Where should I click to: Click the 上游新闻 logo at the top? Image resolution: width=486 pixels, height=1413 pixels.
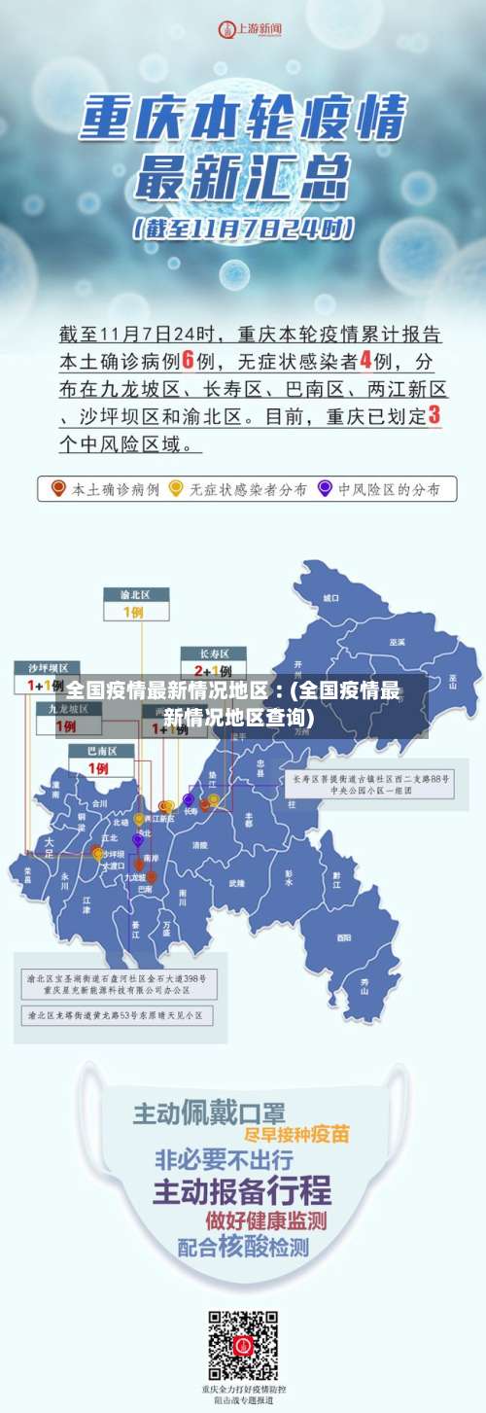(242, 29)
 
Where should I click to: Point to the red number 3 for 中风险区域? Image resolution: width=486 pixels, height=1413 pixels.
(434, 415)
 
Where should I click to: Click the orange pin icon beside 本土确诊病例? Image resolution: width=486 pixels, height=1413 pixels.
(58, 487)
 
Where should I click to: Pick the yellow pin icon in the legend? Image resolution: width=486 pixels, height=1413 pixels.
(176, 487)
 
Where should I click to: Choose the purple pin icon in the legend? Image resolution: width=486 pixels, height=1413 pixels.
(324, 487)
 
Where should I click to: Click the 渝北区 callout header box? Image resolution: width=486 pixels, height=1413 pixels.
(137, 594)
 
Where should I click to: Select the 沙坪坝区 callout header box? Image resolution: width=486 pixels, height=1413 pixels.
(47, 668)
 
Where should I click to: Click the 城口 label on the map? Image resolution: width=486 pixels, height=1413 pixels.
(331, 597)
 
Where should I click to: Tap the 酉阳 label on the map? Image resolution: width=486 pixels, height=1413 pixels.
(343, 937)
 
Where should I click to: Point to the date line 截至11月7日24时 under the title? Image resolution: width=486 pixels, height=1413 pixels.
(243, 230)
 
